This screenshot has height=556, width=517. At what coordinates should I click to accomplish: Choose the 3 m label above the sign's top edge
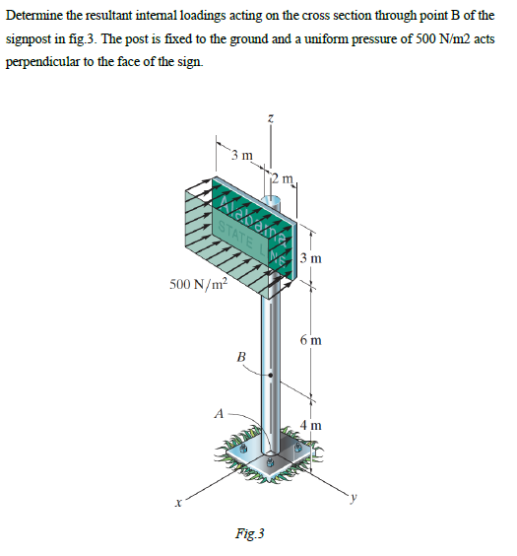[x=241, y=155]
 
